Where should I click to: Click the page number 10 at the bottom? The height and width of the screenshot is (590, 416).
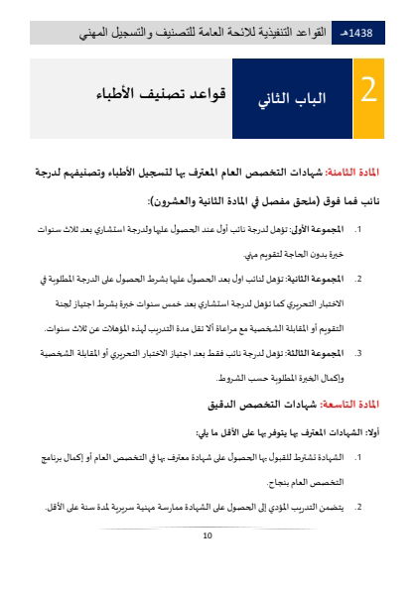click(208, 536)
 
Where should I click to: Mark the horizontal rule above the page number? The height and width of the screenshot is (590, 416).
click(208, 527)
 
